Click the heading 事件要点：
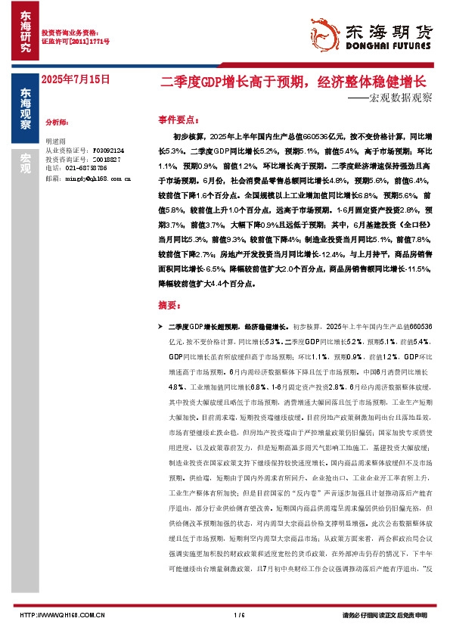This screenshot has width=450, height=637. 179,120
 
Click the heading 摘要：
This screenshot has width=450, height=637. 170,305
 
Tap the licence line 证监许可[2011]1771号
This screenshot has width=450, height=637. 75,42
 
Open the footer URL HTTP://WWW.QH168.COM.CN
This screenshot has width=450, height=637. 62,614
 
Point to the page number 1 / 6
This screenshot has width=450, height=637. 240,614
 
